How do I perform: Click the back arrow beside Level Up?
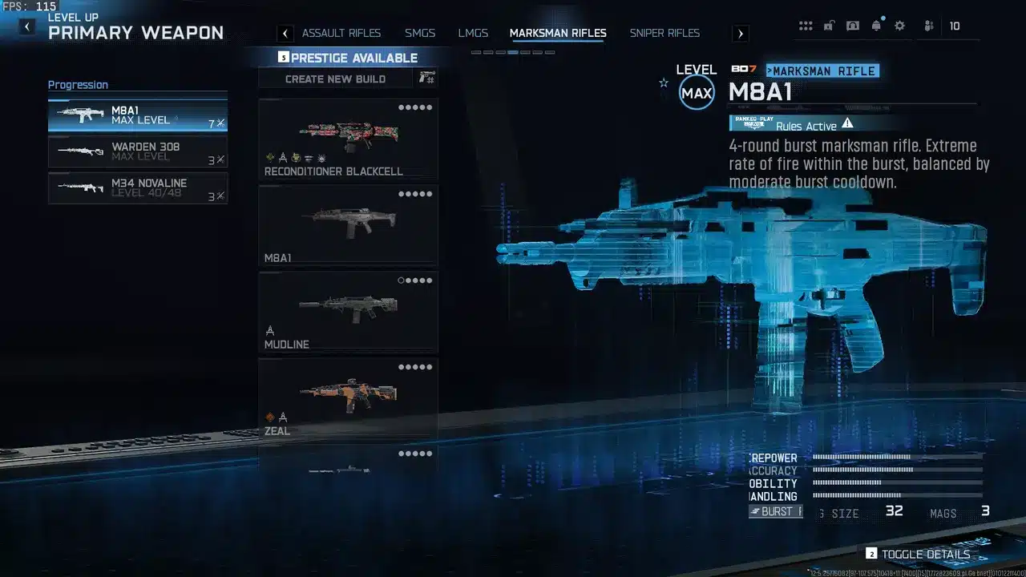tap(27, 26)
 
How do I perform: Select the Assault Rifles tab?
tap(341, 33)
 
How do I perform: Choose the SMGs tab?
tap(420, 33)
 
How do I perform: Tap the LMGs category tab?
tap(473, 33)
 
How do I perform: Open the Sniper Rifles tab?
tap(664, 33)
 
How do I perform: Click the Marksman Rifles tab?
tap(558, 33)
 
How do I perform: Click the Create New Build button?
tap(336, 79)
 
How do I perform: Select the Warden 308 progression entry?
tap(138, 151)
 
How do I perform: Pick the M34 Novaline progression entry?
tap(138, 188)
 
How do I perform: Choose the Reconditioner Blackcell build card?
tap(348, 139)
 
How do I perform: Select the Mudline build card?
tap(348, 312)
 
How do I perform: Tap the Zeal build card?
tap(348, 398)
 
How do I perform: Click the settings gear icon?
tap(899, 26)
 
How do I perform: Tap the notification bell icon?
tap(876, 26)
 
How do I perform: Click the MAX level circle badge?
tap(697, 93)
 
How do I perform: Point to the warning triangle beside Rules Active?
tap(847, 123)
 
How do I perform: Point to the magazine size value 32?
tap(894, 511)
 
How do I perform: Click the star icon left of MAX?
tap(664, 83)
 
